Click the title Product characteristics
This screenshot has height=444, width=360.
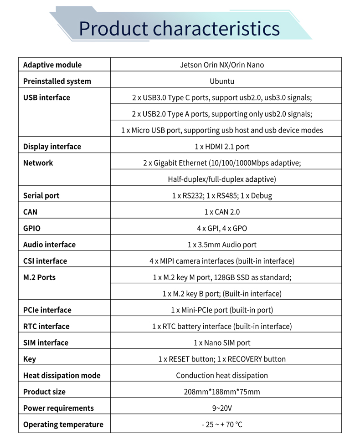[179, 28]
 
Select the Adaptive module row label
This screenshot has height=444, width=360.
[52, 65]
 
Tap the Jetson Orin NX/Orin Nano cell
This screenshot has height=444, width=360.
[222, 65]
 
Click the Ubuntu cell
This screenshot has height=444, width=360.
[222, 81]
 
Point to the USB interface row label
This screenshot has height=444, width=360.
[46, 97]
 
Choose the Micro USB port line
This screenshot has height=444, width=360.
[222, 130]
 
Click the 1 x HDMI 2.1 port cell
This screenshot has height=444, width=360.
[222, 147]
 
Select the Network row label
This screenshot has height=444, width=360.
[38, 163]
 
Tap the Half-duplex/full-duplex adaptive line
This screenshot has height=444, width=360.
[222, 179]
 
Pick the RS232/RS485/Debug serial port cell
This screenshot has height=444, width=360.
[222, 195]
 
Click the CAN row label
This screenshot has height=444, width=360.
[31, 212]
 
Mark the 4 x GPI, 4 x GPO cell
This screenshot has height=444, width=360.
[222, 228]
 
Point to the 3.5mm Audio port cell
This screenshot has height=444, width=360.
[222, 245]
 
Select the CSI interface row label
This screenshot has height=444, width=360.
[45, 261]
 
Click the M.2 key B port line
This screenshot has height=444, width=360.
[222, 294]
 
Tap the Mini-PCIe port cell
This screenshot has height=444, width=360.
[222, 310]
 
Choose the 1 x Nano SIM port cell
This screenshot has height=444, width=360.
[222, 342]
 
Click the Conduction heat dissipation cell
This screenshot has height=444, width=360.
[222, 375]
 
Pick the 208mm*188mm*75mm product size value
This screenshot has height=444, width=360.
[222, 392]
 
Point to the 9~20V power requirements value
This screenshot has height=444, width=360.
[222, 408]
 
